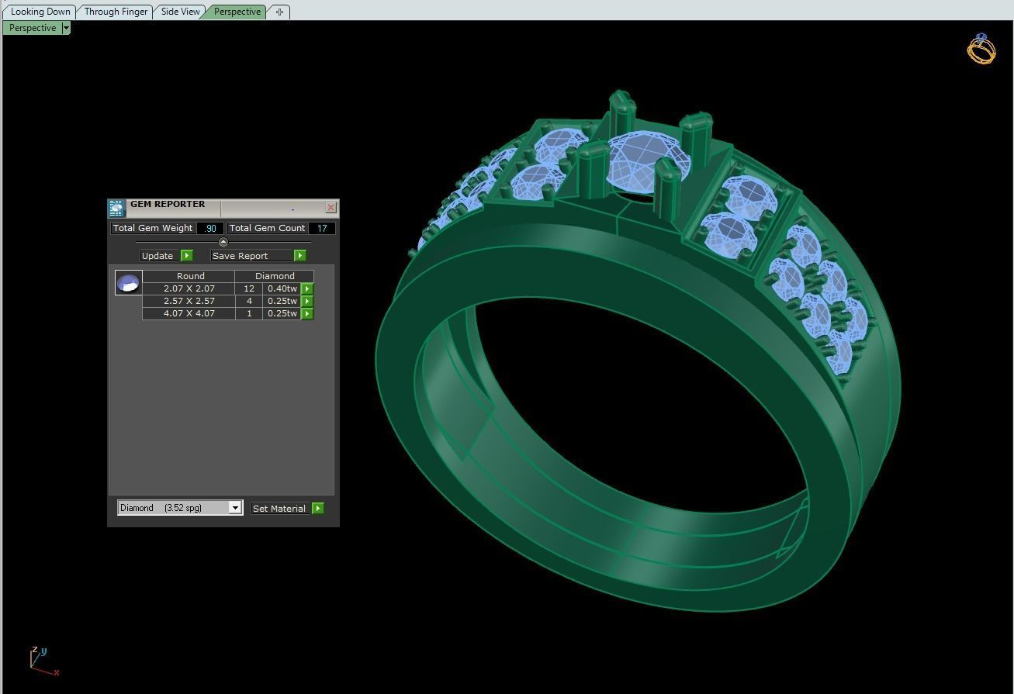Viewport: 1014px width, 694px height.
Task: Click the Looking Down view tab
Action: pyautogui.click(x=40, y=12)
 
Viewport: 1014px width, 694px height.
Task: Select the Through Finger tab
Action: pyautogui.click(x=116, y=12)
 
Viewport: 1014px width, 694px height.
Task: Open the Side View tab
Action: pyautogui.click(x=180, y=12)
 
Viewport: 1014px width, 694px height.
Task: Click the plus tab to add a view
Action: pyautogui.click(x=279, y=12)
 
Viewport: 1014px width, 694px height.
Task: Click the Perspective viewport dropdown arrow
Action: pyautogui.click(x=66, y=28)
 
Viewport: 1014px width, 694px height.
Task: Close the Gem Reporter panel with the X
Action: pyautogui.click(x=331, y=207)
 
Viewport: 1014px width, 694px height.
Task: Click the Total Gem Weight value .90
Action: pyautogui.click(x=210, y=228)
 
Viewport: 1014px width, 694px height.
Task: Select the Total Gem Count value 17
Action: pyautogui.click(x=322, y=228)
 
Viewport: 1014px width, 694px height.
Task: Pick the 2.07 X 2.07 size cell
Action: pyautogui.click(x=189, y=288)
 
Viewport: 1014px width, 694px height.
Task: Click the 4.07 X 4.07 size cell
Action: pyautogui.click(x=189, y=313)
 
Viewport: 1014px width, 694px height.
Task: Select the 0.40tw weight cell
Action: pyautogui.click(x=282, y=288)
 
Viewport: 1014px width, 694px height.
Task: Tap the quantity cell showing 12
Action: pyautogui.click(x=249, y=288)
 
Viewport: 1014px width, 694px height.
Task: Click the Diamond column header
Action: pyautogui.click(x=275, y=276)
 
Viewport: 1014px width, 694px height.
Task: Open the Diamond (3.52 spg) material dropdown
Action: pyautogui.click(x=234, y=508)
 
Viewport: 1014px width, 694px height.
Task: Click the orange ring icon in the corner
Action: pyautogui.click(x=981, y=49)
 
